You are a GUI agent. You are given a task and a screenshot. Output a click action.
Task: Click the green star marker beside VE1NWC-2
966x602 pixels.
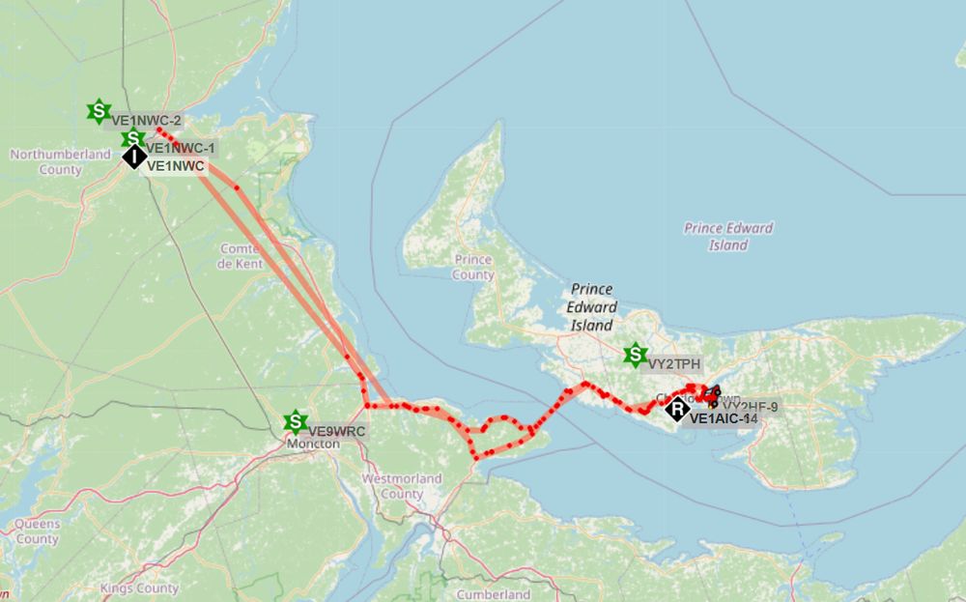tap(98, 111)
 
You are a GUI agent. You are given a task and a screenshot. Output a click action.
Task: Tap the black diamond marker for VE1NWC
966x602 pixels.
tap(134, 157)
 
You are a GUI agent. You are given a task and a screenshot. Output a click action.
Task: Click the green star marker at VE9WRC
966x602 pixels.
tap(295, 422)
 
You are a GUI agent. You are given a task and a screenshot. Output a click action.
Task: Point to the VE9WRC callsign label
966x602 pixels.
tap(336, 431)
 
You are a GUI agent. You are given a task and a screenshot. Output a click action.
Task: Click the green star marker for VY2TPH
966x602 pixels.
tap(635, 355)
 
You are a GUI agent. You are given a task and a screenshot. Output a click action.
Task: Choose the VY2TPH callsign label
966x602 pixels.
tap(674, 364)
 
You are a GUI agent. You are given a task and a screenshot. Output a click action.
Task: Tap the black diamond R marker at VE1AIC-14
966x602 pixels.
tap(678, 410)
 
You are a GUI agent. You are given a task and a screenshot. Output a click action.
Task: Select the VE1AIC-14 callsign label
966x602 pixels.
tap(724, 418)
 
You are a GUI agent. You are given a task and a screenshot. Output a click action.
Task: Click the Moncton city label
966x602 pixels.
tap(314, 443)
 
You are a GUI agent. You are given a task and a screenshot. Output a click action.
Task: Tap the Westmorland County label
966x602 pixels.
tap(401, 486)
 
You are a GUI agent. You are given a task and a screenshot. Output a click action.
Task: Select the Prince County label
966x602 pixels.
tap(473, 267)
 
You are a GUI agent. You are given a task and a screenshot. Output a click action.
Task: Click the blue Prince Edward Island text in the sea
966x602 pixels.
tap(728, 237)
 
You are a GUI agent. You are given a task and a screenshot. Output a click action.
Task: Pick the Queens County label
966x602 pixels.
tap(37, 531)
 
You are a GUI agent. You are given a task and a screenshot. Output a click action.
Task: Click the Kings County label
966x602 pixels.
tap(139, 588)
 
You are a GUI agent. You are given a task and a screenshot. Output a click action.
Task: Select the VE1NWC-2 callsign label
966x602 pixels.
tap(147, 121)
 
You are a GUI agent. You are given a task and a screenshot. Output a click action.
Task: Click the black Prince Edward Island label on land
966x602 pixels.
tap(592, 306)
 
